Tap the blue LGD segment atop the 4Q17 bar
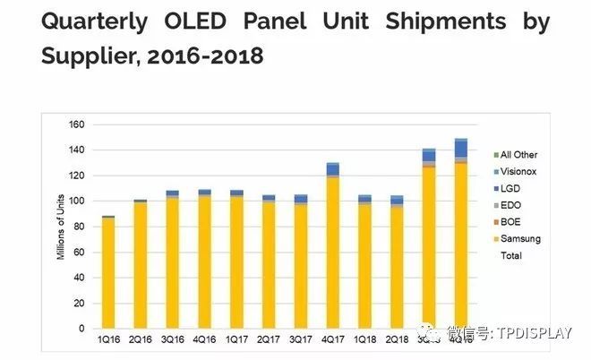[x=332, y=169]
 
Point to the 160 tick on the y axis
[x=74, y=124]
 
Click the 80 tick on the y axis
[x=77, y=227]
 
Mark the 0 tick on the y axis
[x=80, y=329]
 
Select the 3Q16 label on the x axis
[x=172, y=341]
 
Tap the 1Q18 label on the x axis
[x=364, y=341]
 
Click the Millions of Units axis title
[x=61, y=227]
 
